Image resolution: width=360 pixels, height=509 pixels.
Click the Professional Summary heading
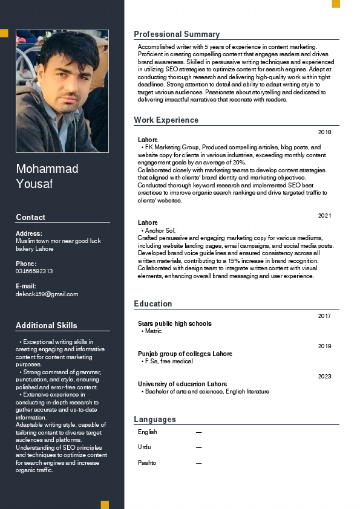[x=177, y=34]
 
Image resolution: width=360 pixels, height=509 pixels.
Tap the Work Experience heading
[x=166, y=120]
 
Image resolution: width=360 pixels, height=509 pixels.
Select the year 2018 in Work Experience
[x=324, y=132]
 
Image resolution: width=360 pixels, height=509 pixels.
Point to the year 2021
[x=324, y=215]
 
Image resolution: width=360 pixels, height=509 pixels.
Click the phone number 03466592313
[x=34, y=271]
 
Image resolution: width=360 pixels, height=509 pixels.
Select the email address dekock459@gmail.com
[x=47, y=294]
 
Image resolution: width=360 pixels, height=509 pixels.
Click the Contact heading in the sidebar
[x=30, y=218]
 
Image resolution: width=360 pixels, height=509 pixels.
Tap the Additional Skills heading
[x=47, y=326]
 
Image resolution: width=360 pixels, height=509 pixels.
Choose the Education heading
[x=153, y=304]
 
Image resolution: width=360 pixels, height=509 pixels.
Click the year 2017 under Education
[x=324, y=316]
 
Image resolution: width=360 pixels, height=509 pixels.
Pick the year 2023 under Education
[x=324, y=377]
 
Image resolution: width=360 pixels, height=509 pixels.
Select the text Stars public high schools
[x=175, y=324]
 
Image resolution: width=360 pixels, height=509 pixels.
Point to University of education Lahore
[x=183, y=384]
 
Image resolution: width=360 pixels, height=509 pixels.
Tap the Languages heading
[x=155, y=420]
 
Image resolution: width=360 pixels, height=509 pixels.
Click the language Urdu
[x=145, y=447]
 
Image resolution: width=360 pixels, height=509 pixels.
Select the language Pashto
[x=147, y=463]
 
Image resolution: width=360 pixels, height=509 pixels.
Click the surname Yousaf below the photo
[x=34, y=183]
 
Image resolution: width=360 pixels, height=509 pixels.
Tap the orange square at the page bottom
[x=105, y=505]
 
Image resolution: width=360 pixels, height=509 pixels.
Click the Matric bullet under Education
[x=154, y=331]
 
